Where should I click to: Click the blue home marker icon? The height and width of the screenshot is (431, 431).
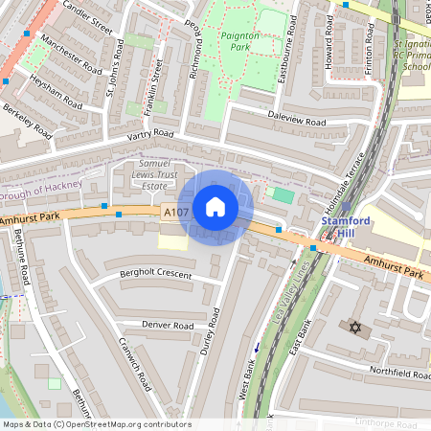click(x=215, y=207)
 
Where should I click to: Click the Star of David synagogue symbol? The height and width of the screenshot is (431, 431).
click(x=354, y=329)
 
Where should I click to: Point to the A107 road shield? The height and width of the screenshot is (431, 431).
click(x=175, y=213)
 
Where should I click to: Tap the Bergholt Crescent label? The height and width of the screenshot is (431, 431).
click(x=155, y=275)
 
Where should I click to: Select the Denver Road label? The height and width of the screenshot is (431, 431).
click(x=168, y=325)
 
